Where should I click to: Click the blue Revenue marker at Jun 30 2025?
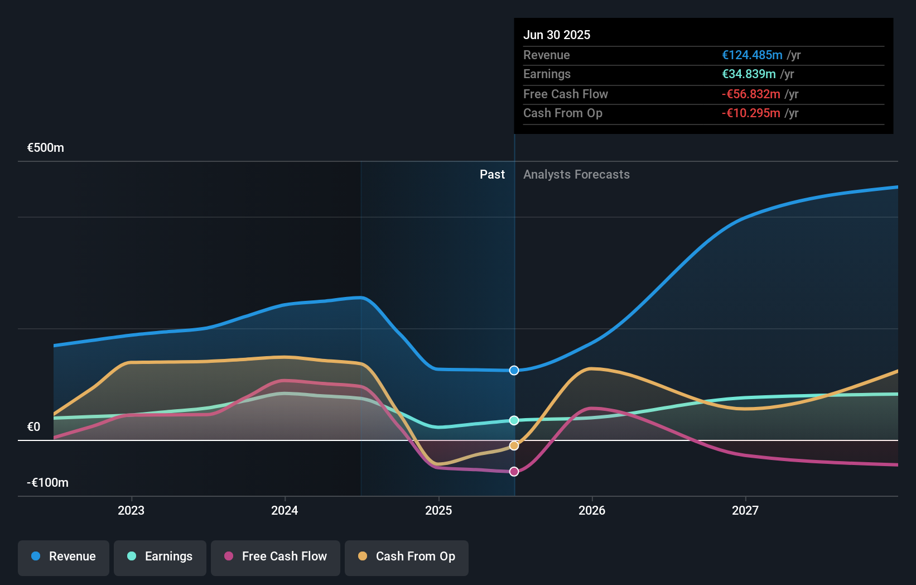[514, 371]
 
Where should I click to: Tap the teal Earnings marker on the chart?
[514, 420]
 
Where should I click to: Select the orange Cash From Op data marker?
[514, 445]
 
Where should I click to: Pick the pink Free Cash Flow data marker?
[514, 472]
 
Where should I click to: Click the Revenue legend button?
[64, 557]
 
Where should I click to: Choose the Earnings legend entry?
[160, 557]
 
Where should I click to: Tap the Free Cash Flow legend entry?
[276, 557]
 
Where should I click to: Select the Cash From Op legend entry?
[407, 557]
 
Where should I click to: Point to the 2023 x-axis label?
[131, 511]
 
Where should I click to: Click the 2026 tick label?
[592, 511]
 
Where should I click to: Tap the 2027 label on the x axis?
[745, 511]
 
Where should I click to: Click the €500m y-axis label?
[46, 148]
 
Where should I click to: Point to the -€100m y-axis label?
[48, 483]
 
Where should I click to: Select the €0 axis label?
[34, 427]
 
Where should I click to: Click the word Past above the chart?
[492, 175]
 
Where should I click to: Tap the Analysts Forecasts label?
[576, 175]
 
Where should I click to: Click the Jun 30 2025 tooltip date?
[557, 35]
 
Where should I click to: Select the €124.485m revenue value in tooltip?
[752, 55]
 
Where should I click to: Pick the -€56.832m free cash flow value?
[751, 94]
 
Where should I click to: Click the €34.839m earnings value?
[749, 74]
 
